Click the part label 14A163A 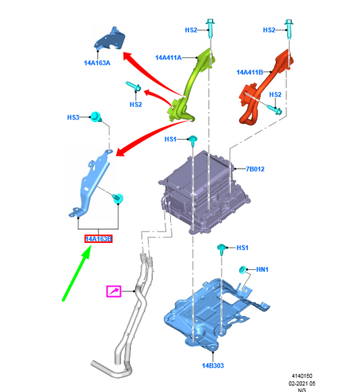[97, 63]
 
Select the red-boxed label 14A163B [99, 239]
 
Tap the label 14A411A [168, 58]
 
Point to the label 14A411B [250, 72]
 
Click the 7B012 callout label [255, 169]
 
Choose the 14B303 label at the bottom [213, 366]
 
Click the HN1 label [262, 269]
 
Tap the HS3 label [73, 117]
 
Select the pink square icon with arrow [114, 291]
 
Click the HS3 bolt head [96, 117]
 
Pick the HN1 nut [242, 270]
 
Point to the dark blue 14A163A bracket [111, 39]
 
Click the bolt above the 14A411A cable [210, 28]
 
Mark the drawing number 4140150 [302, 376]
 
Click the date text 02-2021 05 [302, 383]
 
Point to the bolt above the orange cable [288, 29]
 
